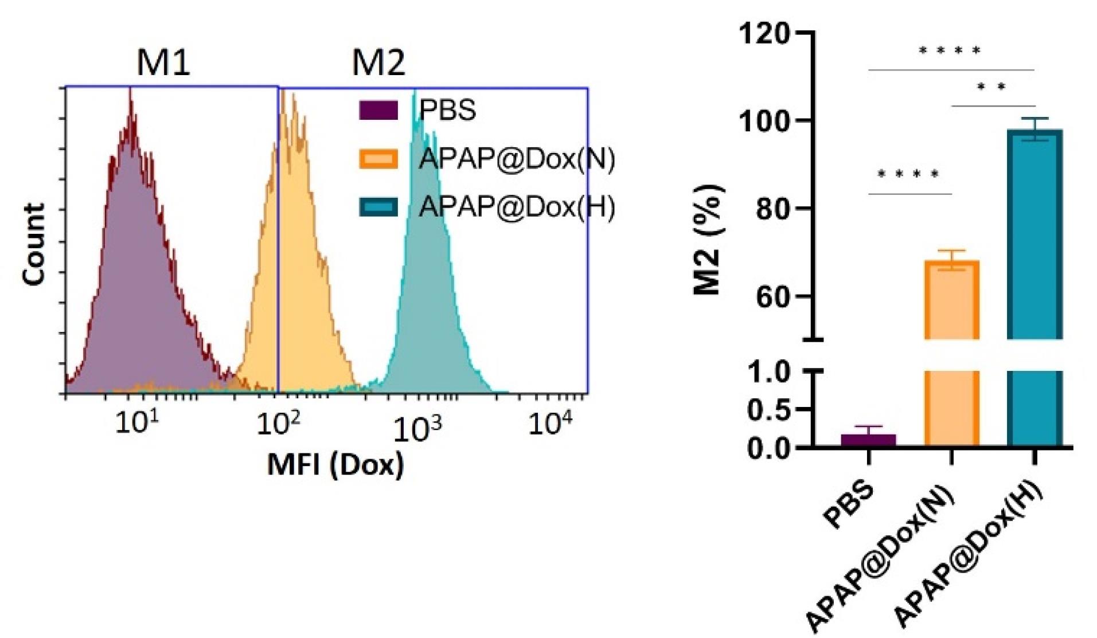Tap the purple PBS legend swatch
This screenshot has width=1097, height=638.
pos(378,110)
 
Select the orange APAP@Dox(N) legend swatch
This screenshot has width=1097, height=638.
pos(378,159)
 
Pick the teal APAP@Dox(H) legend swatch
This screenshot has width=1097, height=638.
pos(378,207)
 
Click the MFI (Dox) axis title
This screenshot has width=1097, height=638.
pos(335,464)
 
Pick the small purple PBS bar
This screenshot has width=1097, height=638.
pos(868,440)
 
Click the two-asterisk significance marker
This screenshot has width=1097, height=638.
pos(991,88)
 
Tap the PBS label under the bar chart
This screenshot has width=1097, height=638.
pos(849,504)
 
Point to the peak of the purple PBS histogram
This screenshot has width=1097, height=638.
pos(131,92)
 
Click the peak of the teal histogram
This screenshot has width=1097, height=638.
pos(415,92)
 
